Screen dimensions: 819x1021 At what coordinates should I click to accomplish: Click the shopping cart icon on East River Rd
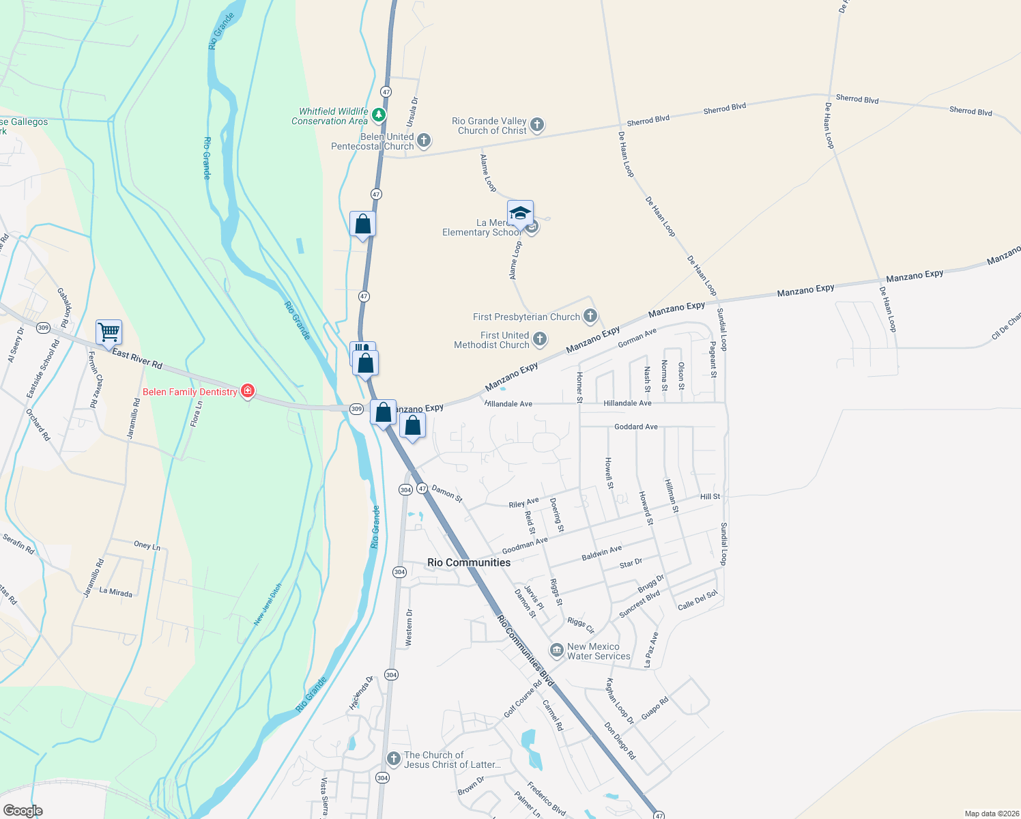[109, 333]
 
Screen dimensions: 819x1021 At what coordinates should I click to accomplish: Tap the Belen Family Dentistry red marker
[248, 391]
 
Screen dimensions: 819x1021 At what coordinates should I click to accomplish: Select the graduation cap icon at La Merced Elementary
[520, 214]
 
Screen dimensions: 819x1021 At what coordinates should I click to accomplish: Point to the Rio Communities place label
[469, 562]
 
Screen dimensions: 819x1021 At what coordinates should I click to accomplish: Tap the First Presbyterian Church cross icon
[591, 316]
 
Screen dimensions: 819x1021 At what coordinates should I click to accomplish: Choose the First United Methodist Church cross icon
[540, 339]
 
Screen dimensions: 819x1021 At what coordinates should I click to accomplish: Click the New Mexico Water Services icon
[557, 650]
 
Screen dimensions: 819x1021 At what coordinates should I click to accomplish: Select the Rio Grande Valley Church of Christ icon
[537, 124]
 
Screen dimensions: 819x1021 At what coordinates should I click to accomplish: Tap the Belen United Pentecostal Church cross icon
[424, 141]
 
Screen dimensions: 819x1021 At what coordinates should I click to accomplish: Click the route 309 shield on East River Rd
[44, 328]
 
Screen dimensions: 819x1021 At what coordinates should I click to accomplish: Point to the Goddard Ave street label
[636, 427]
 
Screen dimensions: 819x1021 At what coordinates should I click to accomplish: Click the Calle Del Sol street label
[698, 600]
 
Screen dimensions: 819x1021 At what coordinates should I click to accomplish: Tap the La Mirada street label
[116, 592]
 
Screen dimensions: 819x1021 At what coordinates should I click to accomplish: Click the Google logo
[23, 810]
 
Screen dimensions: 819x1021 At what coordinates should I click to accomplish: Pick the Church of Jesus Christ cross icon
[394, 758]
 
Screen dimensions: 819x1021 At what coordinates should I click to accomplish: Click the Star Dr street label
[631, 563]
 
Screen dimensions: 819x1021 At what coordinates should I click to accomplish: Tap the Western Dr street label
[409, 627]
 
